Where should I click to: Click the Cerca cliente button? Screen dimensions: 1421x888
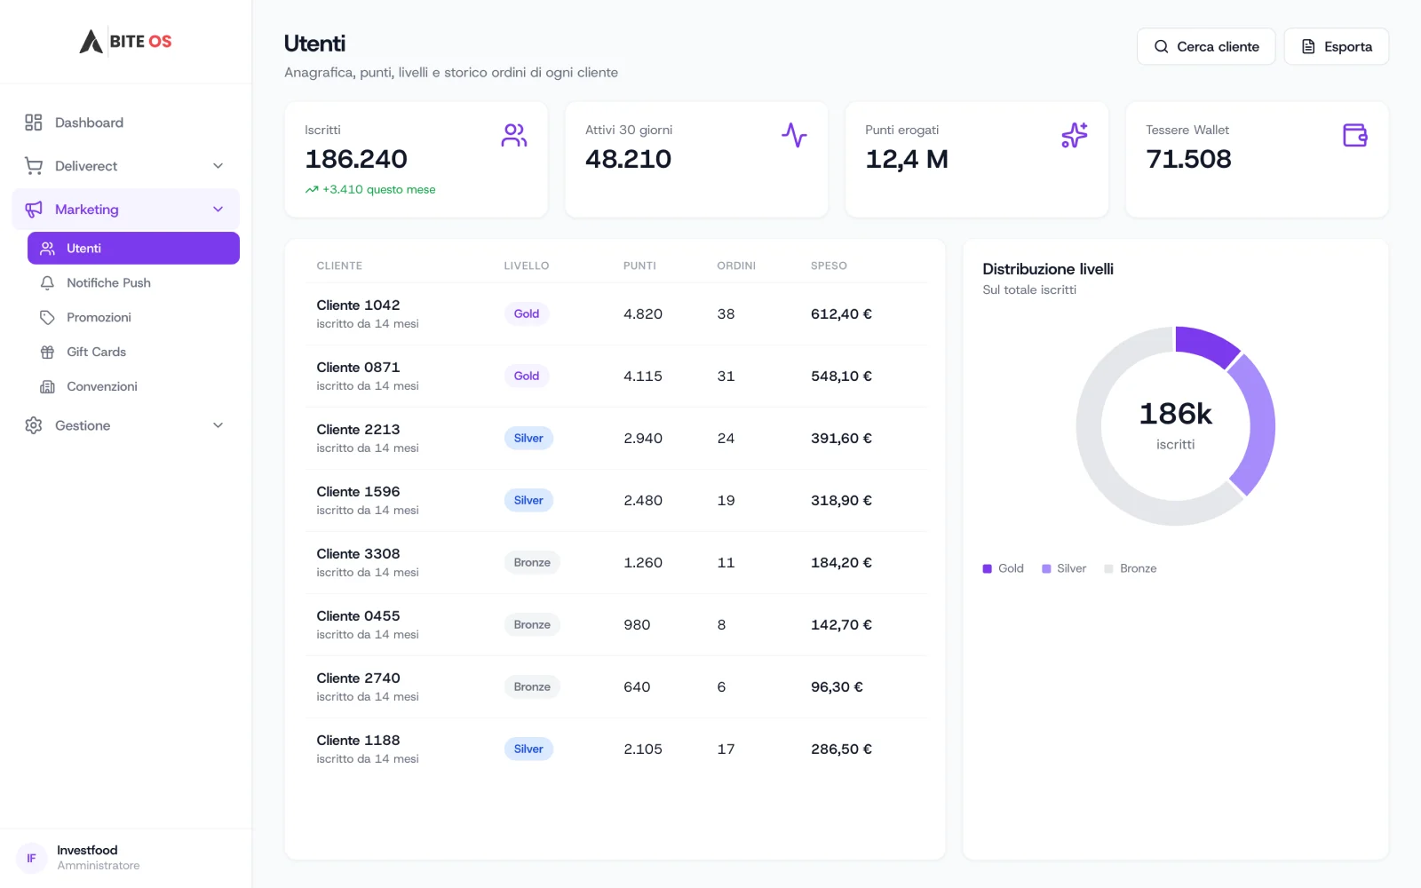tap(1206, 46)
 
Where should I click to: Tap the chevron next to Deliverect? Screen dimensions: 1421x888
tap(218, 166)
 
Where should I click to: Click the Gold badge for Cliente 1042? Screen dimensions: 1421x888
tap(527, 314)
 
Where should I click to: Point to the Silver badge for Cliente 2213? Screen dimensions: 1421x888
tap(528, 439)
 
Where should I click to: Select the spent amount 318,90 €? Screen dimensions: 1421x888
tap(841, 501)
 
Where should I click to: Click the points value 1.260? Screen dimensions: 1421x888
tap(643, 563)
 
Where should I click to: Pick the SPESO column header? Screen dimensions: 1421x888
tap(829, 266)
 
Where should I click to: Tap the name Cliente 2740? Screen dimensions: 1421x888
tap(359, 678)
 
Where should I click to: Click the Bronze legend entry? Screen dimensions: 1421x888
tap(1131, 569)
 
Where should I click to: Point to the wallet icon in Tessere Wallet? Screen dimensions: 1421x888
tap(1355, 136)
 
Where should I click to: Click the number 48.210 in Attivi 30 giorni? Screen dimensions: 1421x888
tap(628, 159)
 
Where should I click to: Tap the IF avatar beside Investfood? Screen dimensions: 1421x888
tap(31, 858)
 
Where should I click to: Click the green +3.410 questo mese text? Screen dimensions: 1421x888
tap(378, 190)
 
